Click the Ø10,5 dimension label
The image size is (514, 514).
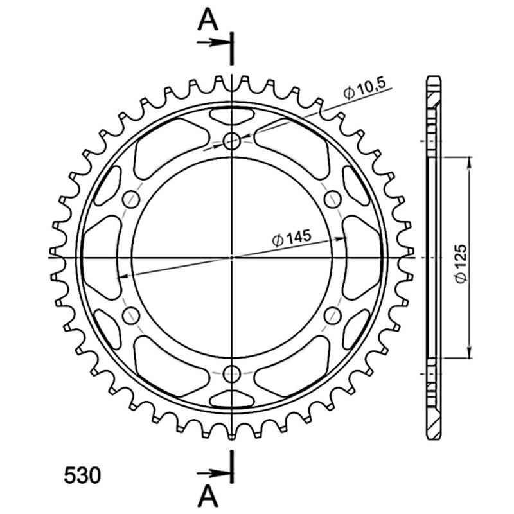pyautogui.click(x=364, y=89)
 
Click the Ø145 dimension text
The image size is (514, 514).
pyautogui.click(x=292, y=238)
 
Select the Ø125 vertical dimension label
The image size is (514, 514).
pyautogui.click(x=461, y=263)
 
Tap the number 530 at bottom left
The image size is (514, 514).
pyautogui.click(x=82, y=475)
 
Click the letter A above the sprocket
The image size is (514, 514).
pyautogui.click(x=208, y=19)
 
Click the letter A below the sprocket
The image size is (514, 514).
pyautogui.click(x=208, y=495)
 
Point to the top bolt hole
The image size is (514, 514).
pyautogui.click(x=232, y=141)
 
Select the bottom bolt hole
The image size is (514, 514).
pyautogui.click(x=232, y=373)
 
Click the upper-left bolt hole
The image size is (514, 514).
pyautogui.click(x=131, y=199)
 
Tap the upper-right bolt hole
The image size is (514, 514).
pyautogui.click(x=332, y=199)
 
